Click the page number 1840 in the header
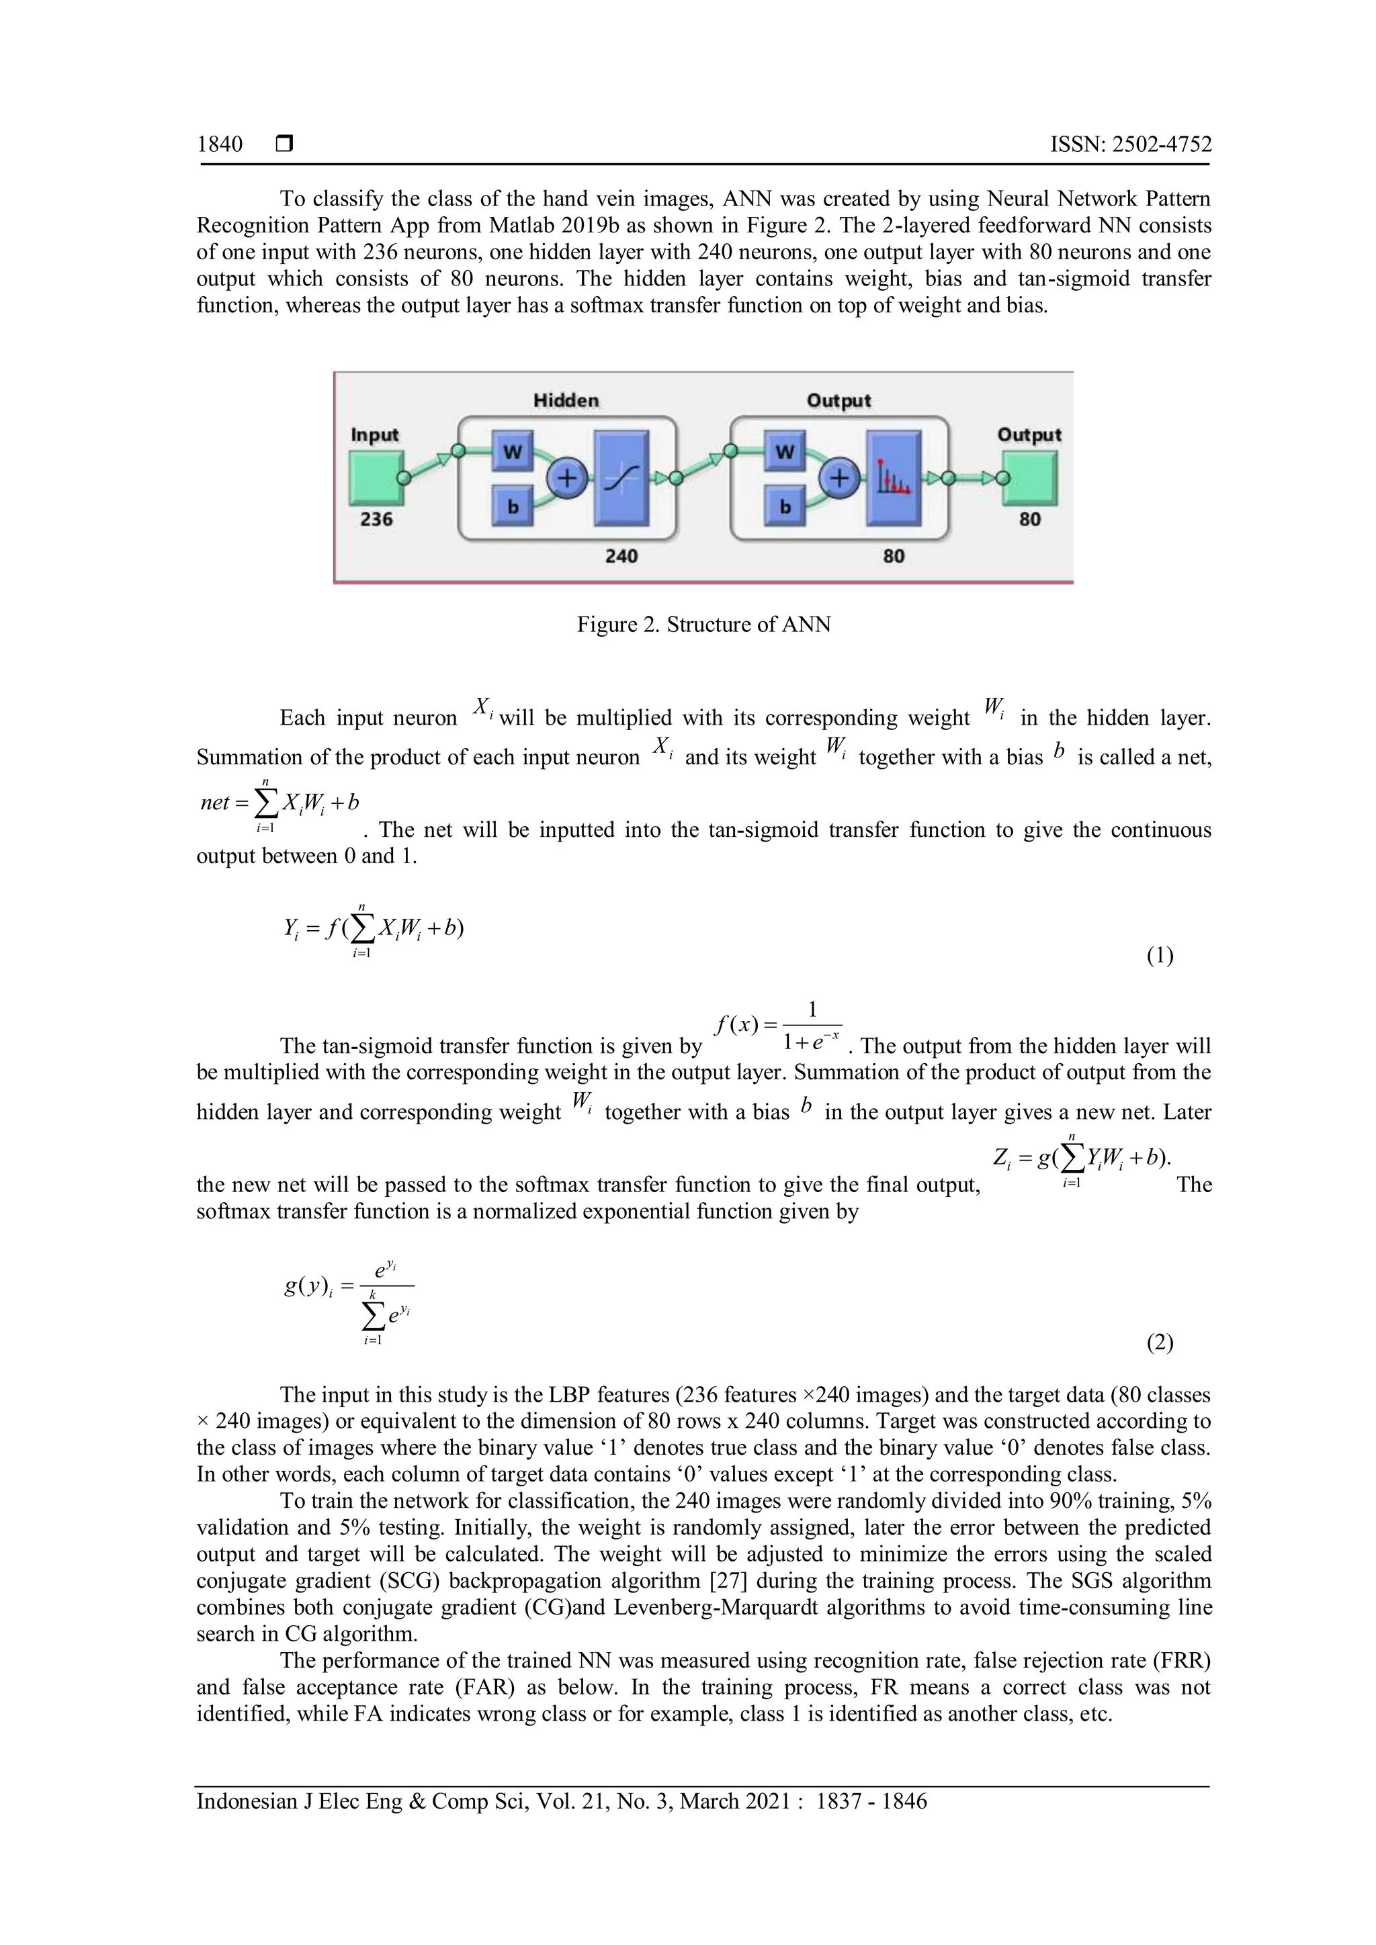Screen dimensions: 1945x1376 (220, 145)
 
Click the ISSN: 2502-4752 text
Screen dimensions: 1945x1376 (1130, 145)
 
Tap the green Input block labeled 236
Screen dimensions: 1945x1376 (374, 478)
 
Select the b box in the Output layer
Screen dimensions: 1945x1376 (785, 506)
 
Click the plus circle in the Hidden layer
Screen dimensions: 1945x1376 (567, 480)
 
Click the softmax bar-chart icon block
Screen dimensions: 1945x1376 (893, 479)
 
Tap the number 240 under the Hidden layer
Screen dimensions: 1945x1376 (621, 557)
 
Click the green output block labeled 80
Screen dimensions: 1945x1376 (1029, 478)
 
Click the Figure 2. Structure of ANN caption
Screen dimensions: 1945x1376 (703, 625)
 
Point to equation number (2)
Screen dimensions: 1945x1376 (1159, 1342)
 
